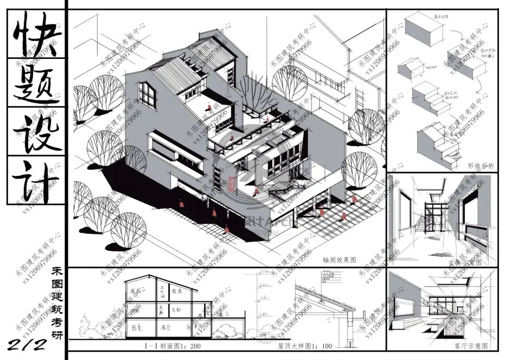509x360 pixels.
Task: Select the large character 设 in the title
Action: click(x=35, y=132)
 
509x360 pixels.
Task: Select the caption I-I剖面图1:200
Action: click(x=165, y=346)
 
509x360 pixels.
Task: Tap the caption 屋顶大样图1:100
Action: click(x=305, y=346)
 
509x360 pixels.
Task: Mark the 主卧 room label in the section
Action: click(x=176, y=310)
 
